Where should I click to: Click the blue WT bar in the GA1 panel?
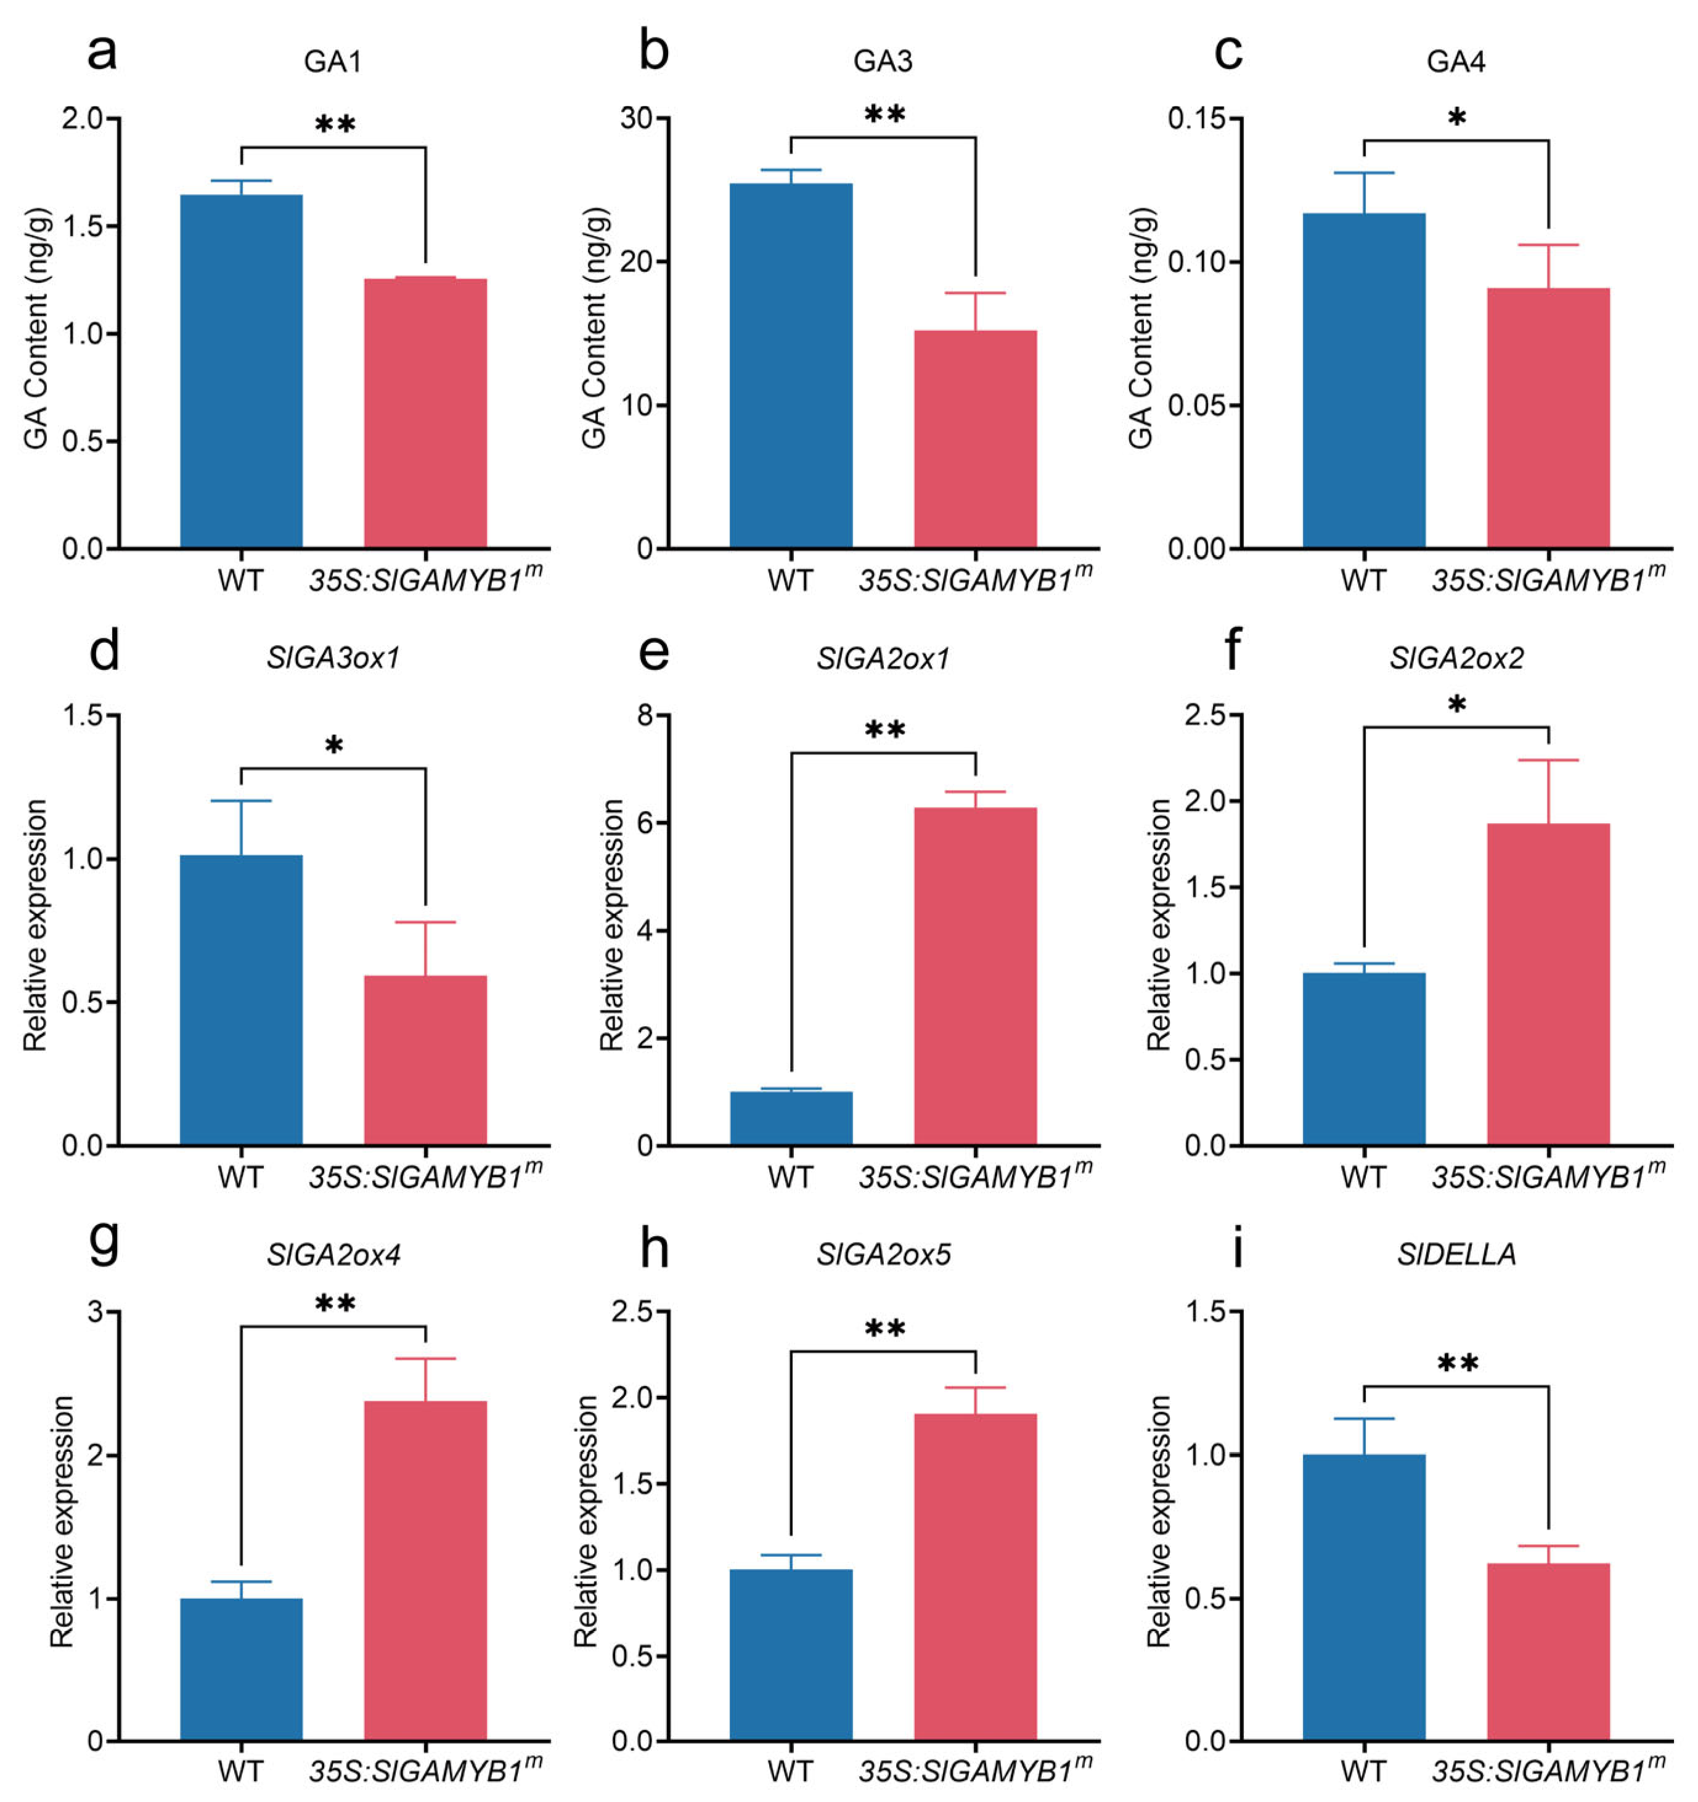point(241,372)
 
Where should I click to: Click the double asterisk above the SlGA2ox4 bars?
point(335,1305)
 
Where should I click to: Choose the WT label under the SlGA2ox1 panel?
point(791,1178)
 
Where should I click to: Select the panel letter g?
point(104,1246)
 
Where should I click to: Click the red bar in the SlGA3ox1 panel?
point(425,1061)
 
